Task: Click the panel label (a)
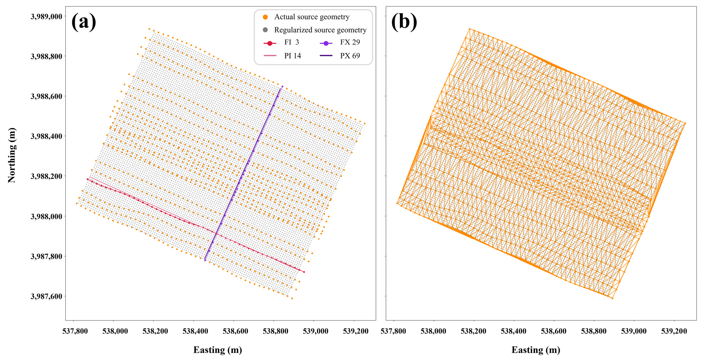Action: pos(84,22)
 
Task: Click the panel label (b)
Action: pos(404,22)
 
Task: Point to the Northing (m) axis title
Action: pos(12,155)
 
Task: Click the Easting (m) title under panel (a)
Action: pos(217,350)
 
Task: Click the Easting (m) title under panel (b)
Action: pos(536,350)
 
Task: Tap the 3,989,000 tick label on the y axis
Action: pos(46,16)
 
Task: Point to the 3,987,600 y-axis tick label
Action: pos(46,296)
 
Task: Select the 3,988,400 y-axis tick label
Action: pos(46,136)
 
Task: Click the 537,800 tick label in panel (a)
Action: pos(74,331)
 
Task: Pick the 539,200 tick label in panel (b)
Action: pos(674,331)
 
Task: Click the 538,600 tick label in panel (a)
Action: pos(234,331)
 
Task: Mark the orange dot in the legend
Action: pos(265,17)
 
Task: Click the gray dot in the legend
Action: pos(265,30)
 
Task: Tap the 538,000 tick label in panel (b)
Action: pos(434,331)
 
